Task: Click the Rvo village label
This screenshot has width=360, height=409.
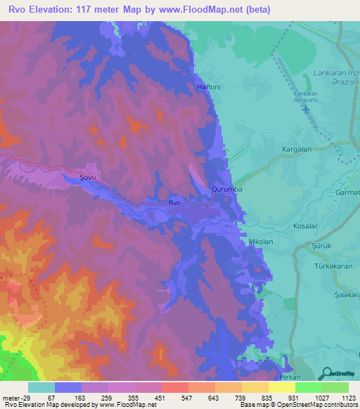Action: tap(174, 203)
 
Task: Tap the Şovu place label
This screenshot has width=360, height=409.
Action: tap(87, 177)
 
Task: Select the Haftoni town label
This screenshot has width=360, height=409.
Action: tap(209, 87)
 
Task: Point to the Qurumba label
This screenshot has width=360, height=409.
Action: tap(226, 189)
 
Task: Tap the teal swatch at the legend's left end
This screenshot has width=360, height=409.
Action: tap(41, 387)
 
